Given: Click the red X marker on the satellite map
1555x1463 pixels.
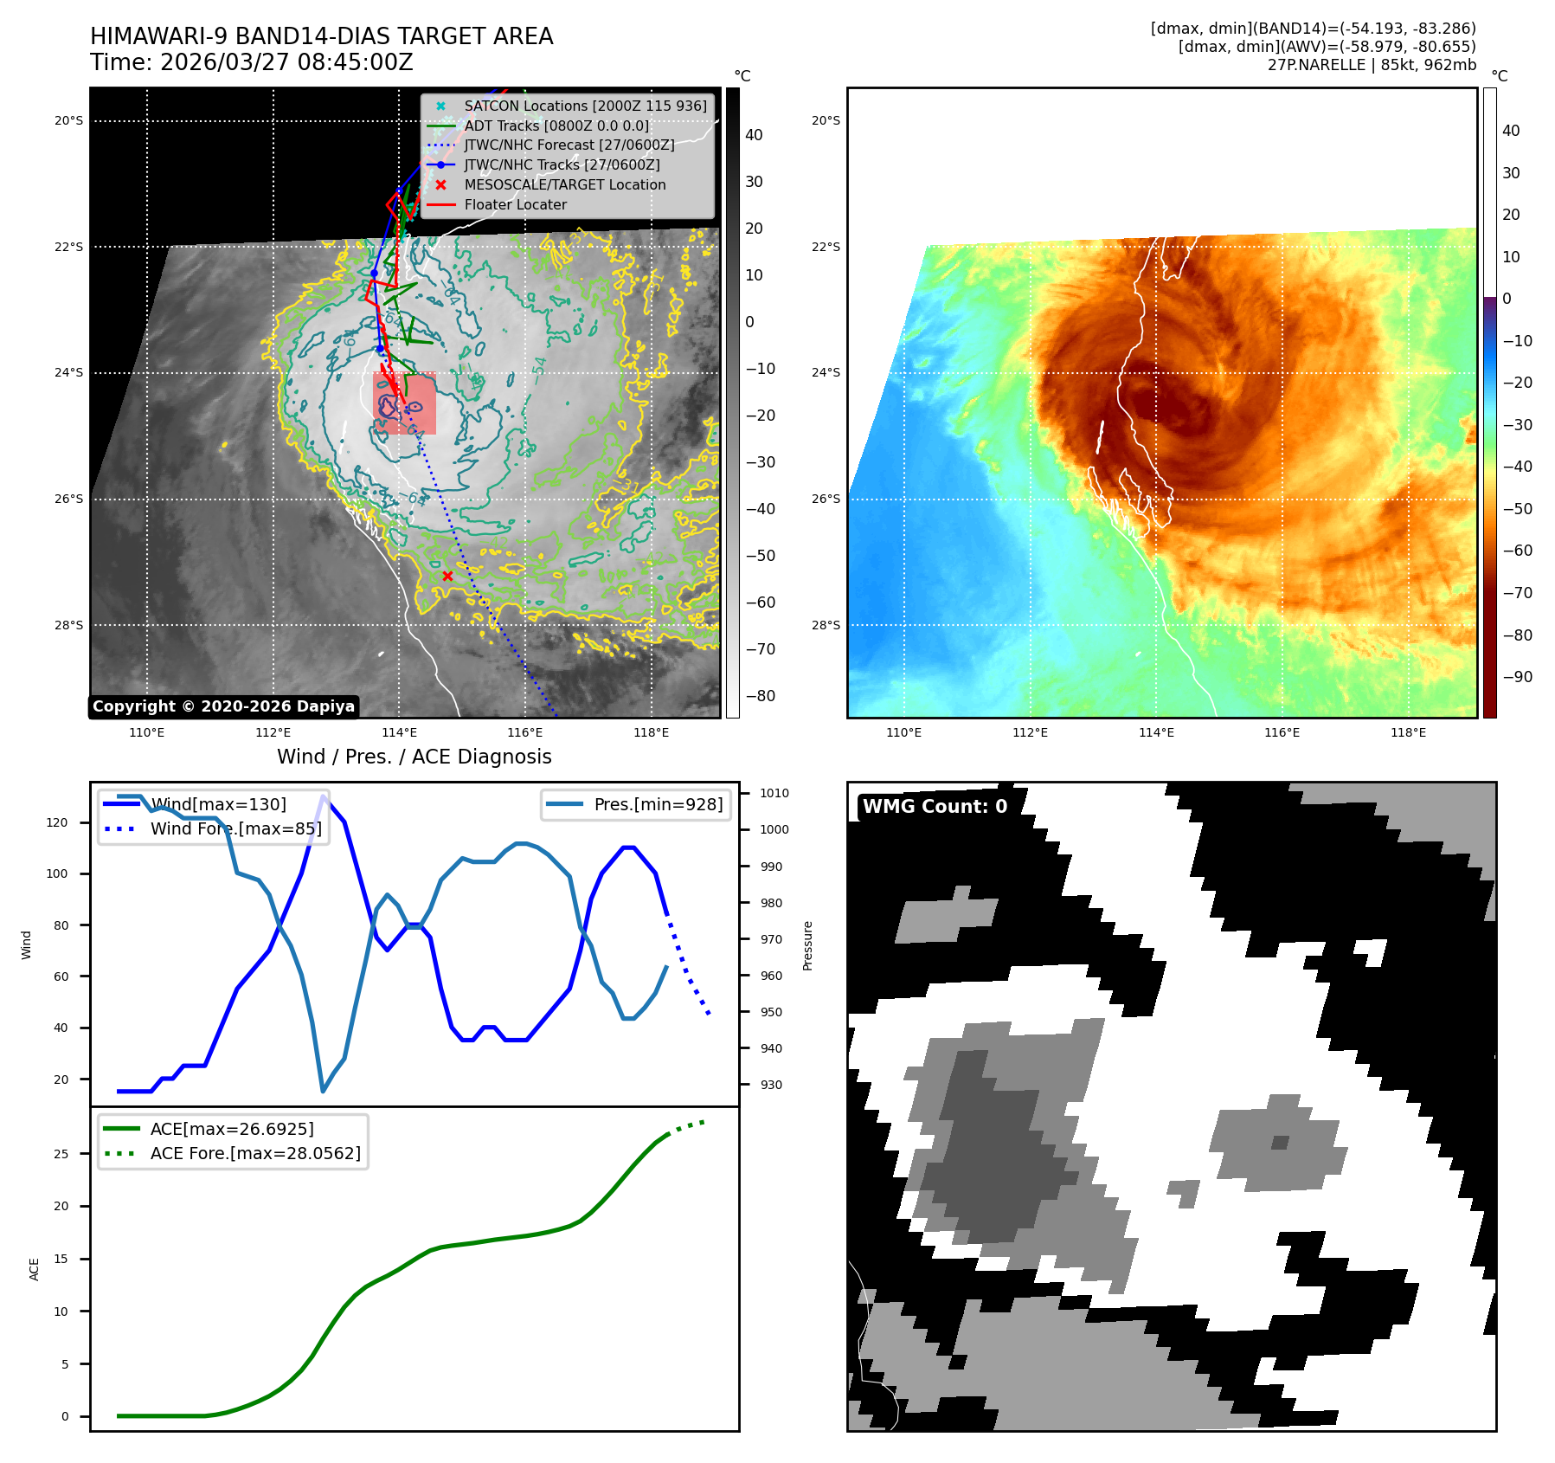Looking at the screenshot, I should tap(447, 576).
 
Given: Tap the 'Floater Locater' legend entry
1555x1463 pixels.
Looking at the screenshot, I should tap(516, 204).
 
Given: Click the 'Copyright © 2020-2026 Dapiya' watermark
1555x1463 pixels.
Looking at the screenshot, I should tap(223, 706).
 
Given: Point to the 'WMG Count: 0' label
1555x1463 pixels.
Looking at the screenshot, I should tap(935, 807).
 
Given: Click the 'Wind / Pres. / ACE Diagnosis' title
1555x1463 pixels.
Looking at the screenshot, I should tap(414, 757).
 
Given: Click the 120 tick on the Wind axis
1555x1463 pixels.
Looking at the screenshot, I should tap(57, 822).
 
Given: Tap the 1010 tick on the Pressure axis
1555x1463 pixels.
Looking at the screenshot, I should tap(774, 793).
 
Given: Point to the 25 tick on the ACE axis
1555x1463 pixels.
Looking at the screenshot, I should tap(61, 1154).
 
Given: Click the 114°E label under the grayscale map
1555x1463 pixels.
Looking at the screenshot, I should tap(399, 733).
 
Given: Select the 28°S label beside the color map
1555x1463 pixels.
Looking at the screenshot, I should tap(826, 625).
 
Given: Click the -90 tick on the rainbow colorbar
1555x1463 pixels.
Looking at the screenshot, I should tap(1517, 677).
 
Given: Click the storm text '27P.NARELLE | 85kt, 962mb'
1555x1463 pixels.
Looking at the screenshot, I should tap(1372, 65).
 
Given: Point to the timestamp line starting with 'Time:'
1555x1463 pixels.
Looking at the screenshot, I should tap(252, 62).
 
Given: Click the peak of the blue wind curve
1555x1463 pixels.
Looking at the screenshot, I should tap(324, 796).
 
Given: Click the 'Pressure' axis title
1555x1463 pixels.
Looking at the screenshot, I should tap(807, 945).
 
